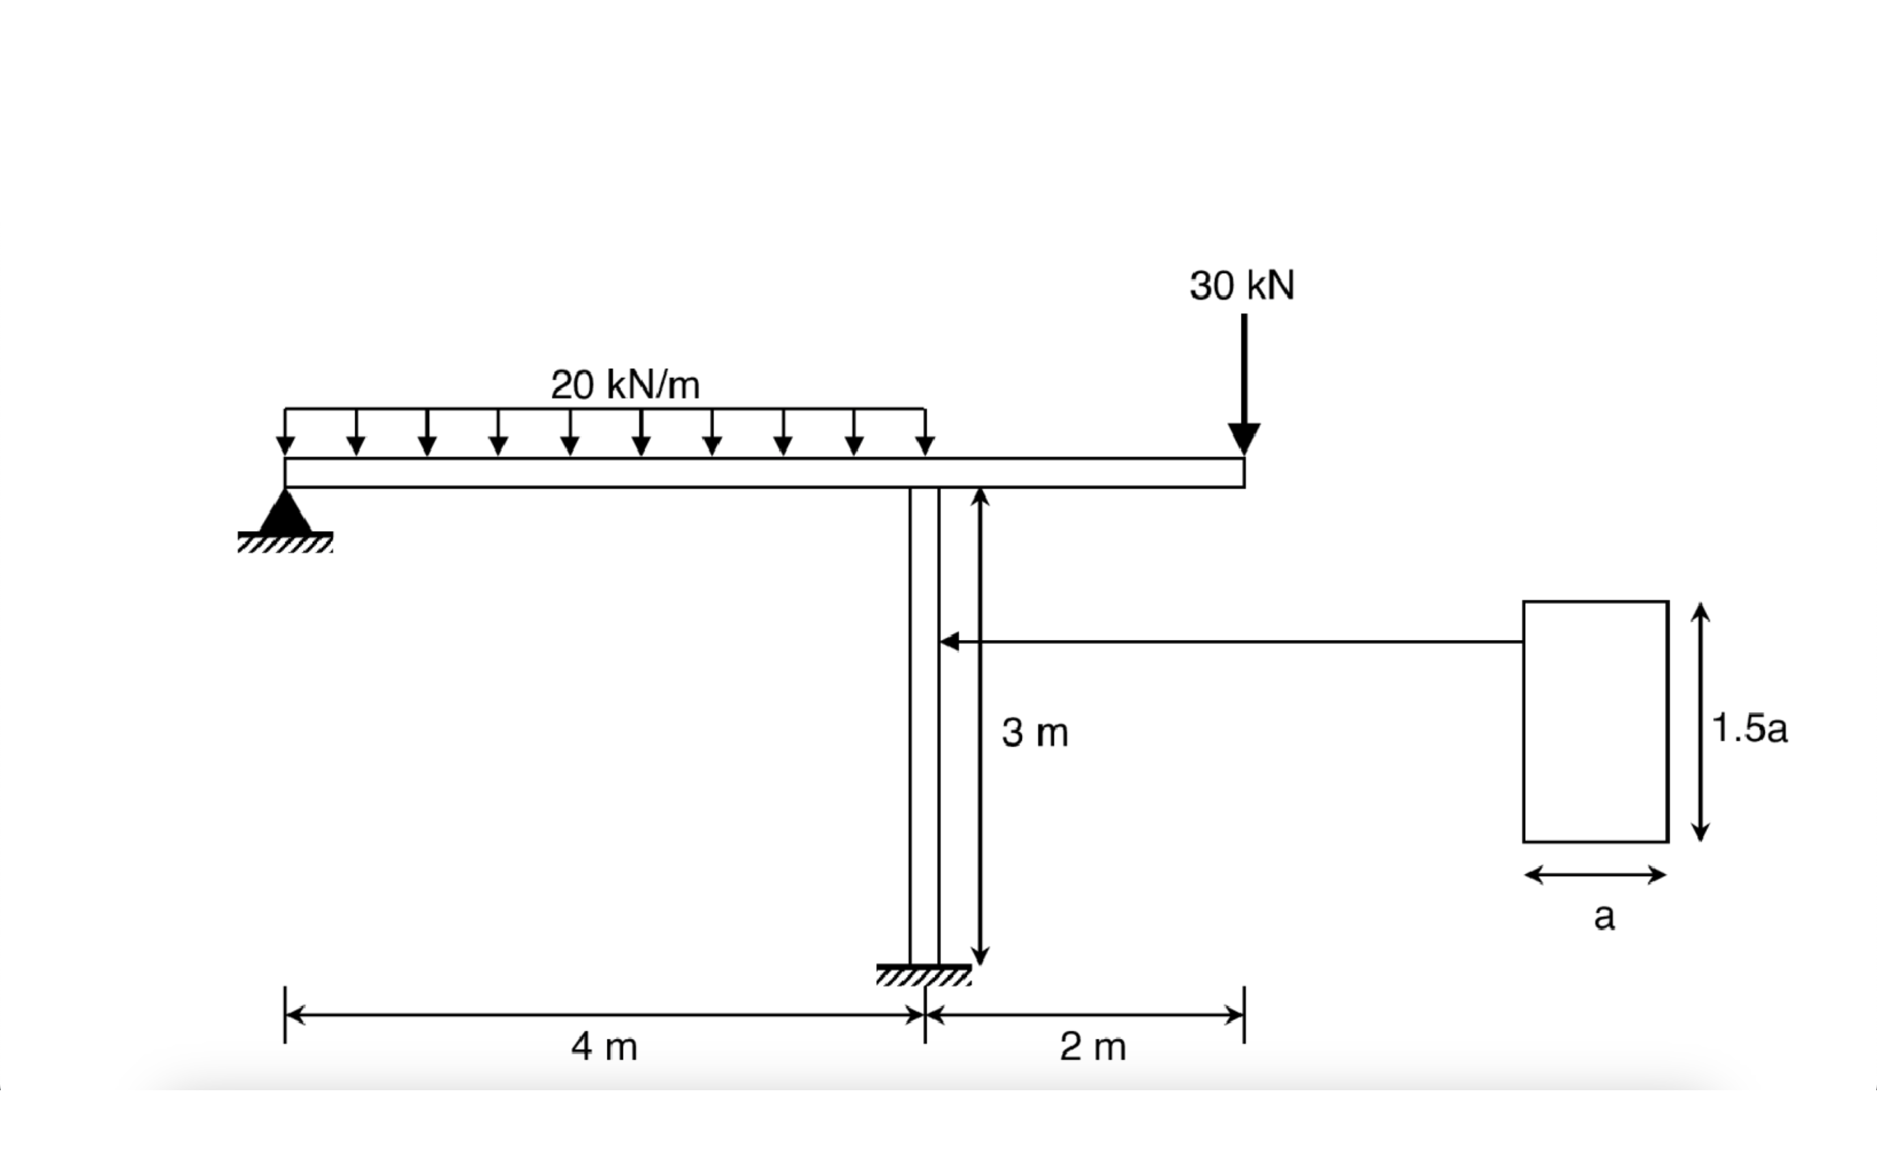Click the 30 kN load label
tap(1242, 285)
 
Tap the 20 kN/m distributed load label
tap(625, 384)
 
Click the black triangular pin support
tap(285, 513)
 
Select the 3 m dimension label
tap(1035, 732)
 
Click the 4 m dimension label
tap(604, 1047)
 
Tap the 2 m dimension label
tap(1093, 1047)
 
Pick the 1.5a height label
tap(1749, 728)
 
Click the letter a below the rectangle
tap(1604, 916)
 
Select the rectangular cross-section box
tap(1595, 721)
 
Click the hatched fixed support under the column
tap(924, 975)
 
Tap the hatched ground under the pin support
tap(285, 542)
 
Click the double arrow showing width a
tap(1595, 875)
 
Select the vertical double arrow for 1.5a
tap(1700, 721)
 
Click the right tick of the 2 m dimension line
tap(1244, 1015)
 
